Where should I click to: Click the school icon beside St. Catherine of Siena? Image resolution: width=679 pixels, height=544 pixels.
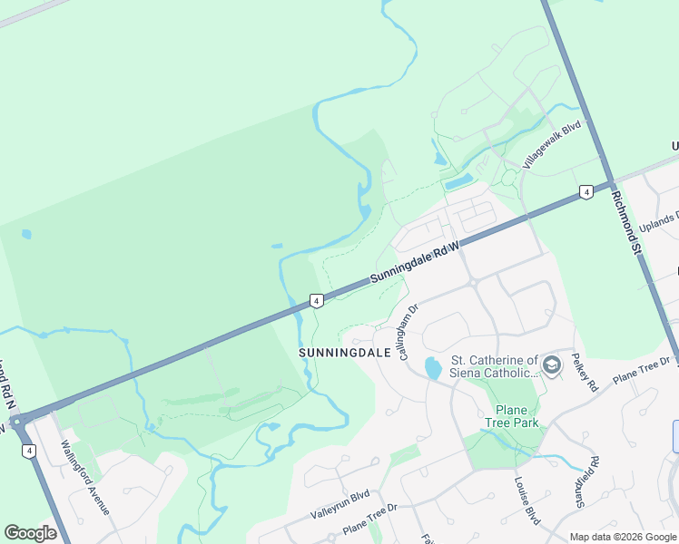[552, 366]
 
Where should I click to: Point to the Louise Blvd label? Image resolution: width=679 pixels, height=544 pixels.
[527, 501]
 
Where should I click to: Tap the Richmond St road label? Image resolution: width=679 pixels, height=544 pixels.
[626, 222]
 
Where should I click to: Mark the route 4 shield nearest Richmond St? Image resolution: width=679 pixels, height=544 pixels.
[586, 192]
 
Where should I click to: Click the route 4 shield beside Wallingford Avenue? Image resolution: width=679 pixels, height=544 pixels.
[30, 451]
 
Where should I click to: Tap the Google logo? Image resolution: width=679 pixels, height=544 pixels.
[31, 533]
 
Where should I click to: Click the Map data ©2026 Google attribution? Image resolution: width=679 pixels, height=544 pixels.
[623, 537]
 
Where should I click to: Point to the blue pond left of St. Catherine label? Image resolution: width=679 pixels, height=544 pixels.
[433, 368]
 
